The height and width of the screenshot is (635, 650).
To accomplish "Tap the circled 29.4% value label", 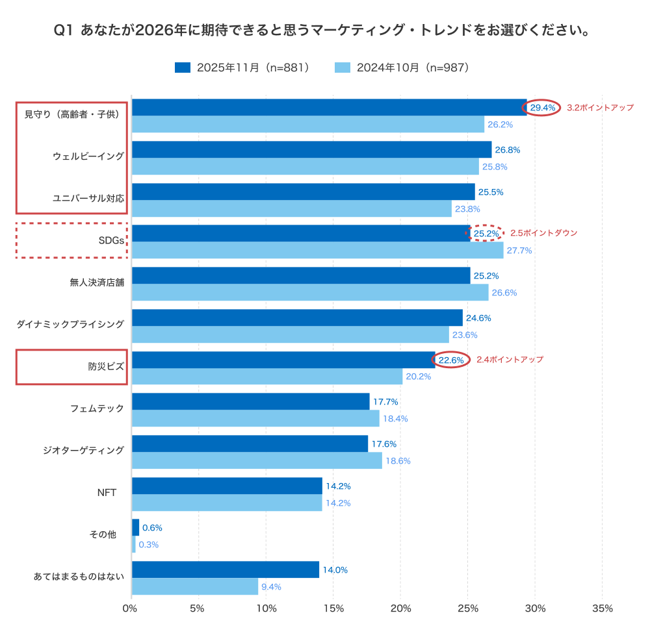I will [543, 108].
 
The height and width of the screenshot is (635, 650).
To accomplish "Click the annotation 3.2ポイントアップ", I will [600, 108].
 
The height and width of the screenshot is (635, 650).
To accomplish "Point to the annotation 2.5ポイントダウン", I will [543, 233].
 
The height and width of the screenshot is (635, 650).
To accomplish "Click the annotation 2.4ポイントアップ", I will [510, 360].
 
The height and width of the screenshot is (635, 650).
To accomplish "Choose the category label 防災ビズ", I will [106, 367].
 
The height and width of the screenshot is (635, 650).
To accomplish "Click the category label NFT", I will [107, 493].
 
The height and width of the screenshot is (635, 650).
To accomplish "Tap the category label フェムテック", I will [97, 409].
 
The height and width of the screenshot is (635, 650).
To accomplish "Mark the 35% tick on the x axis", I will [603, 609].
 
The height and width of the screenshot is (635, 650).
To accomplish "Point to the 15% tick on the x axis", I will [333, 609].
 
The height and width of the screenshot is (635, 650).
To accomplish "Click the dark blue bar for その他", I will [135, 527].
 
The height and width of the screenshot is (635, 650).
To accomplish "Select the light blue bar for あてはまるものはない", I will [195, 586].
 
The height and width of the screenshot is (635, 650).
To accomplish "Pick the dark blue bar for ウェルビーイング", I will [311, 150].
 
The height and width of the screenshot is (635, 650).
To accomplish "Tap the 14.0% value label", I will [335, 570].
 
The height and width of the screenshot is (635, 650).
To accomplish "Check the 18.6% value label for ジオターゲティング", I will [398, 461].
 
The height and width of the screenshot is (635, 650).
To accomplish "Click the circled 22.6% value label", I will [451, 360].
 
